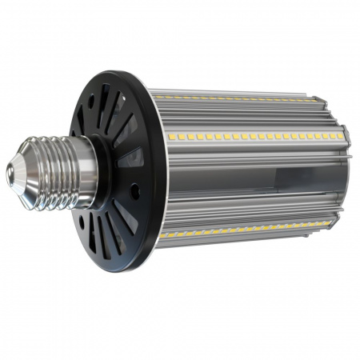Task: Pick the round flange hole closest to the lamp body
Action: coord(136,192)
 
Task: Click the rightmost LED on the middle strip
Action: coord(340,137)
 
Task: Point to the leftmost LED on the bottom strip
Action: coord(162,236)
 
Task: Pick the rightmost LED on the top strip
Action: coord(314,100)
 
